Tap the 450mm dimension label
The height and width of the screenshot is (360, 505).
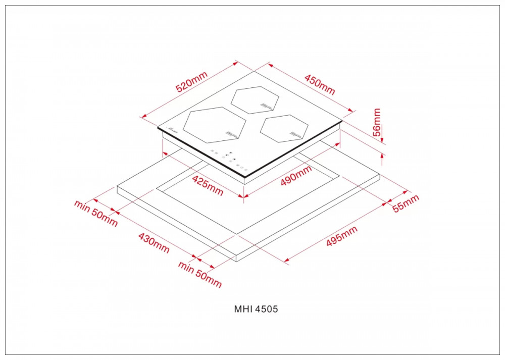point(320,84)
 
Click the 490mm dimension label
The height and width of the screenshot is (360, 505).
point(296,176)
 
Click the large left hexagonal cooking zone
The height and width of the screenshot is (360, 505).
point(215,124)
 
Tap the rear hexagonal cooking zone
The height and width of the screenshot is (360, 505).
point(255,99)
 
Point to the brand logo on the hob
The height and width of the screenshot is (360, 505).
point(174,130)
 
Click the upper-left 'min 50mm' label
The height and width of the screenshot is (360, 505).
point(96,213)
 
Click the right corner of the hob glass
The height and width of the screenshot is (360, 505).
point(342,121)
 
